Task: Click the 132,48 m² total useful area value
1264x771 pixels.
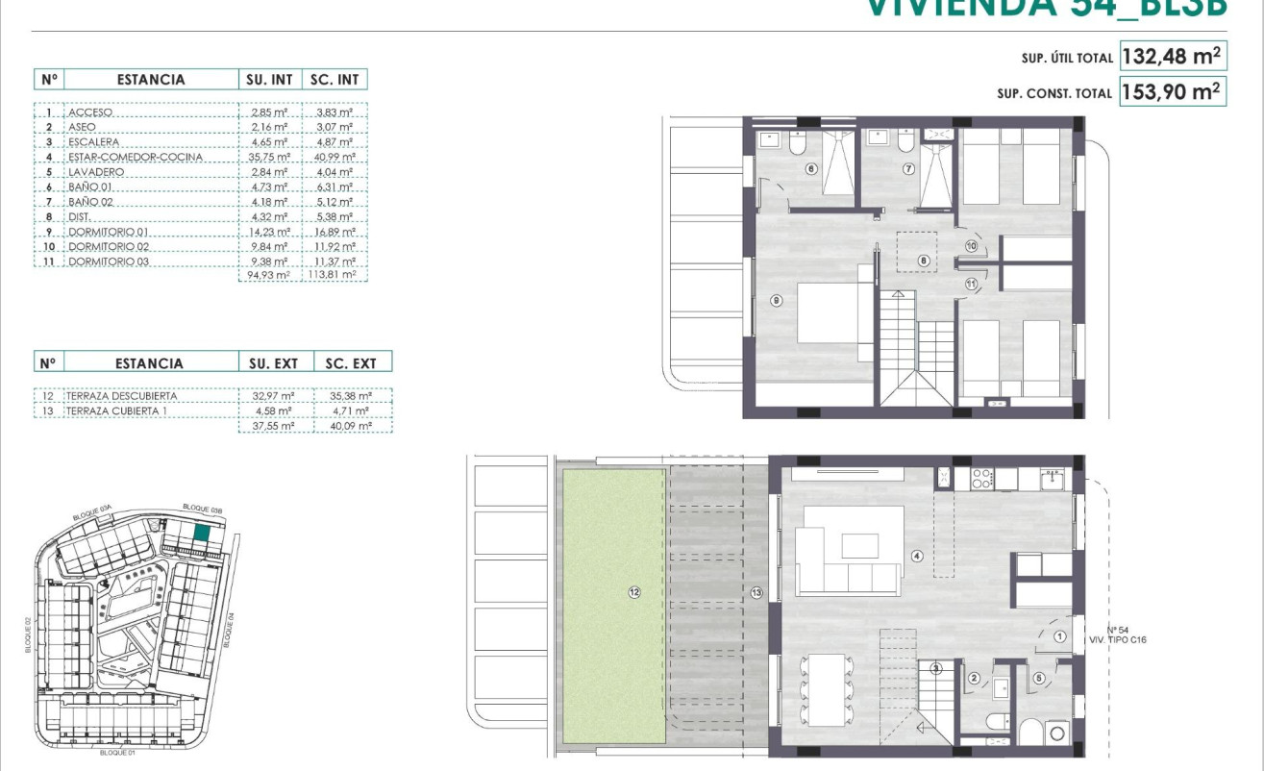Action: click(x=1173, y=57)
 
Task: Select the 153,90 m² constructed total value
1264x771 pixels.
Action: click(x=1173, y=92)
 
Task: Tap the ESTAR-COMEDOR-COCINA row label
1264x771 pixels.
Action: click(x=135, y=158)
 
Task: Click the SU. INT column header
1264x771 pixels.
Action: click(x=269, y=80)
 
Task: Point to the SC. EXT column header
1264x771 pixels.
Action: click(x=352, y=363)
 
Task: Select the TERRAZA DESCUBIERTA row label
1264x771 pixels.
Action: click(x=122, y=395)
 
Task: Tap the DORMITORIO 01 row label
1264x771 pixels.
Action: click(x=109, y=232)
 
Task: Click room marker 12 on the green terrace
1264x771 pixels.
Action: click(x=633, y=592)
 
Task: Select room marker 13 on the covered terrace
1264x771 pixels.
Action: click(x=756, y=592)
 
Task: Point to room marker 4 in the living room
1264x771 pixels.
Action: click(x=917, y=556)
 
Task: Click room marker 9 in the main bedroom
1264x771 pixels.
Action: click(x=777, y=300)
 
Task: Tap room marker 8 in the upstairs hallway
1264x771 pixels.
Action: click(x=923, y=260)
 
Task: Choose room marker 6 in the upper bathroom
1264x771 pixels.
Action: click(x=811, y=169)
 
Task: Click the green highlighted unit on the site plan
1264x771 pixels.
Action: click(x=202, y=534)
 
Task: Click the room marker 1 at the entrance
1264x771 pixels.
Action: click(x=1059, y=636)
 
